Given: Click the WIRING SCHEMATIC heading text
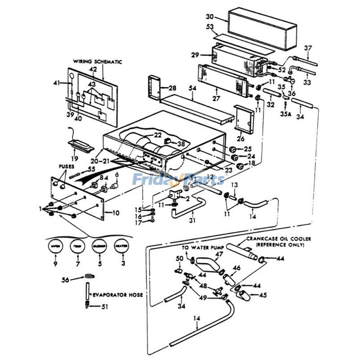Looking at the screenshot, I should (x=98, y=62).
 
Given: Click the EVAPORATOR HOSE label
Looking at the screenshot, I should (x=118, y=295).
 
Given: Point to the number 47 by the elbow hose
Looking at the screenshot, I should (x=219, y=254).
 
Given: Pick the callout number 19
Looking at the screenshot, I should (x=74, y=158).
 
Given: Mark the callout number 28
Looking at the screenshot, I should (x=173, y=87).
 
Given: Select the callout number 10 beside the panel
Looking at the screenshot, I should (x=116, y=213).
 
